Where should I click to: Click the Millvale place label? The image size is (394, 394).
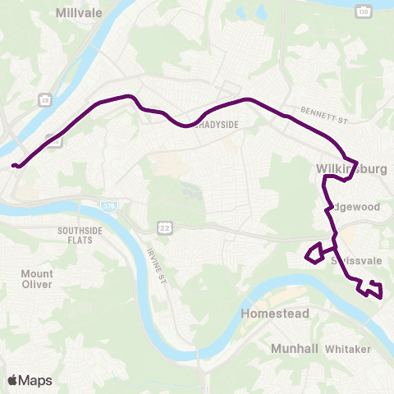pos(77,13)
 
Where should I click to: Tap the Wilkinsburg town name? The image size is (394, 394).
pos(351,170)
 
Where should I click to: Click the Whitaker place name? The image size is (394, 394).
pos(348,349)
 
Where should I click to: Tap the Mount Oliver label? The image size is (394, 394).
pos(37,279)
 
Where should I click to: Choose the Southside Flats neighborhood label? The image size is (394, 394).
pos(80,236)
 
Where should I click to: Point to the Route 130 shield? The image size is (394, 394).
pos(362,10)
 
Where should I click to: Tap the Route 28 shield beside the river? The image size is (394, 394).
pos(44,98)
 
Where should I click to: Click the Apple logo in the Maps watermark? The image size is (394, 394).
pos(12,380)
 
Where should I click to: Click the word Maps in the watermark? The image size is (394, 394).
pos(35,380)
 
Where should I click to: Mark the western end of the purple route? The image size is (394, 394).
pos(14,166)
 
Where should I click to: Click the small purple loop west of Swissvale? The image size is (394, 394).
pos(314,254)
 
